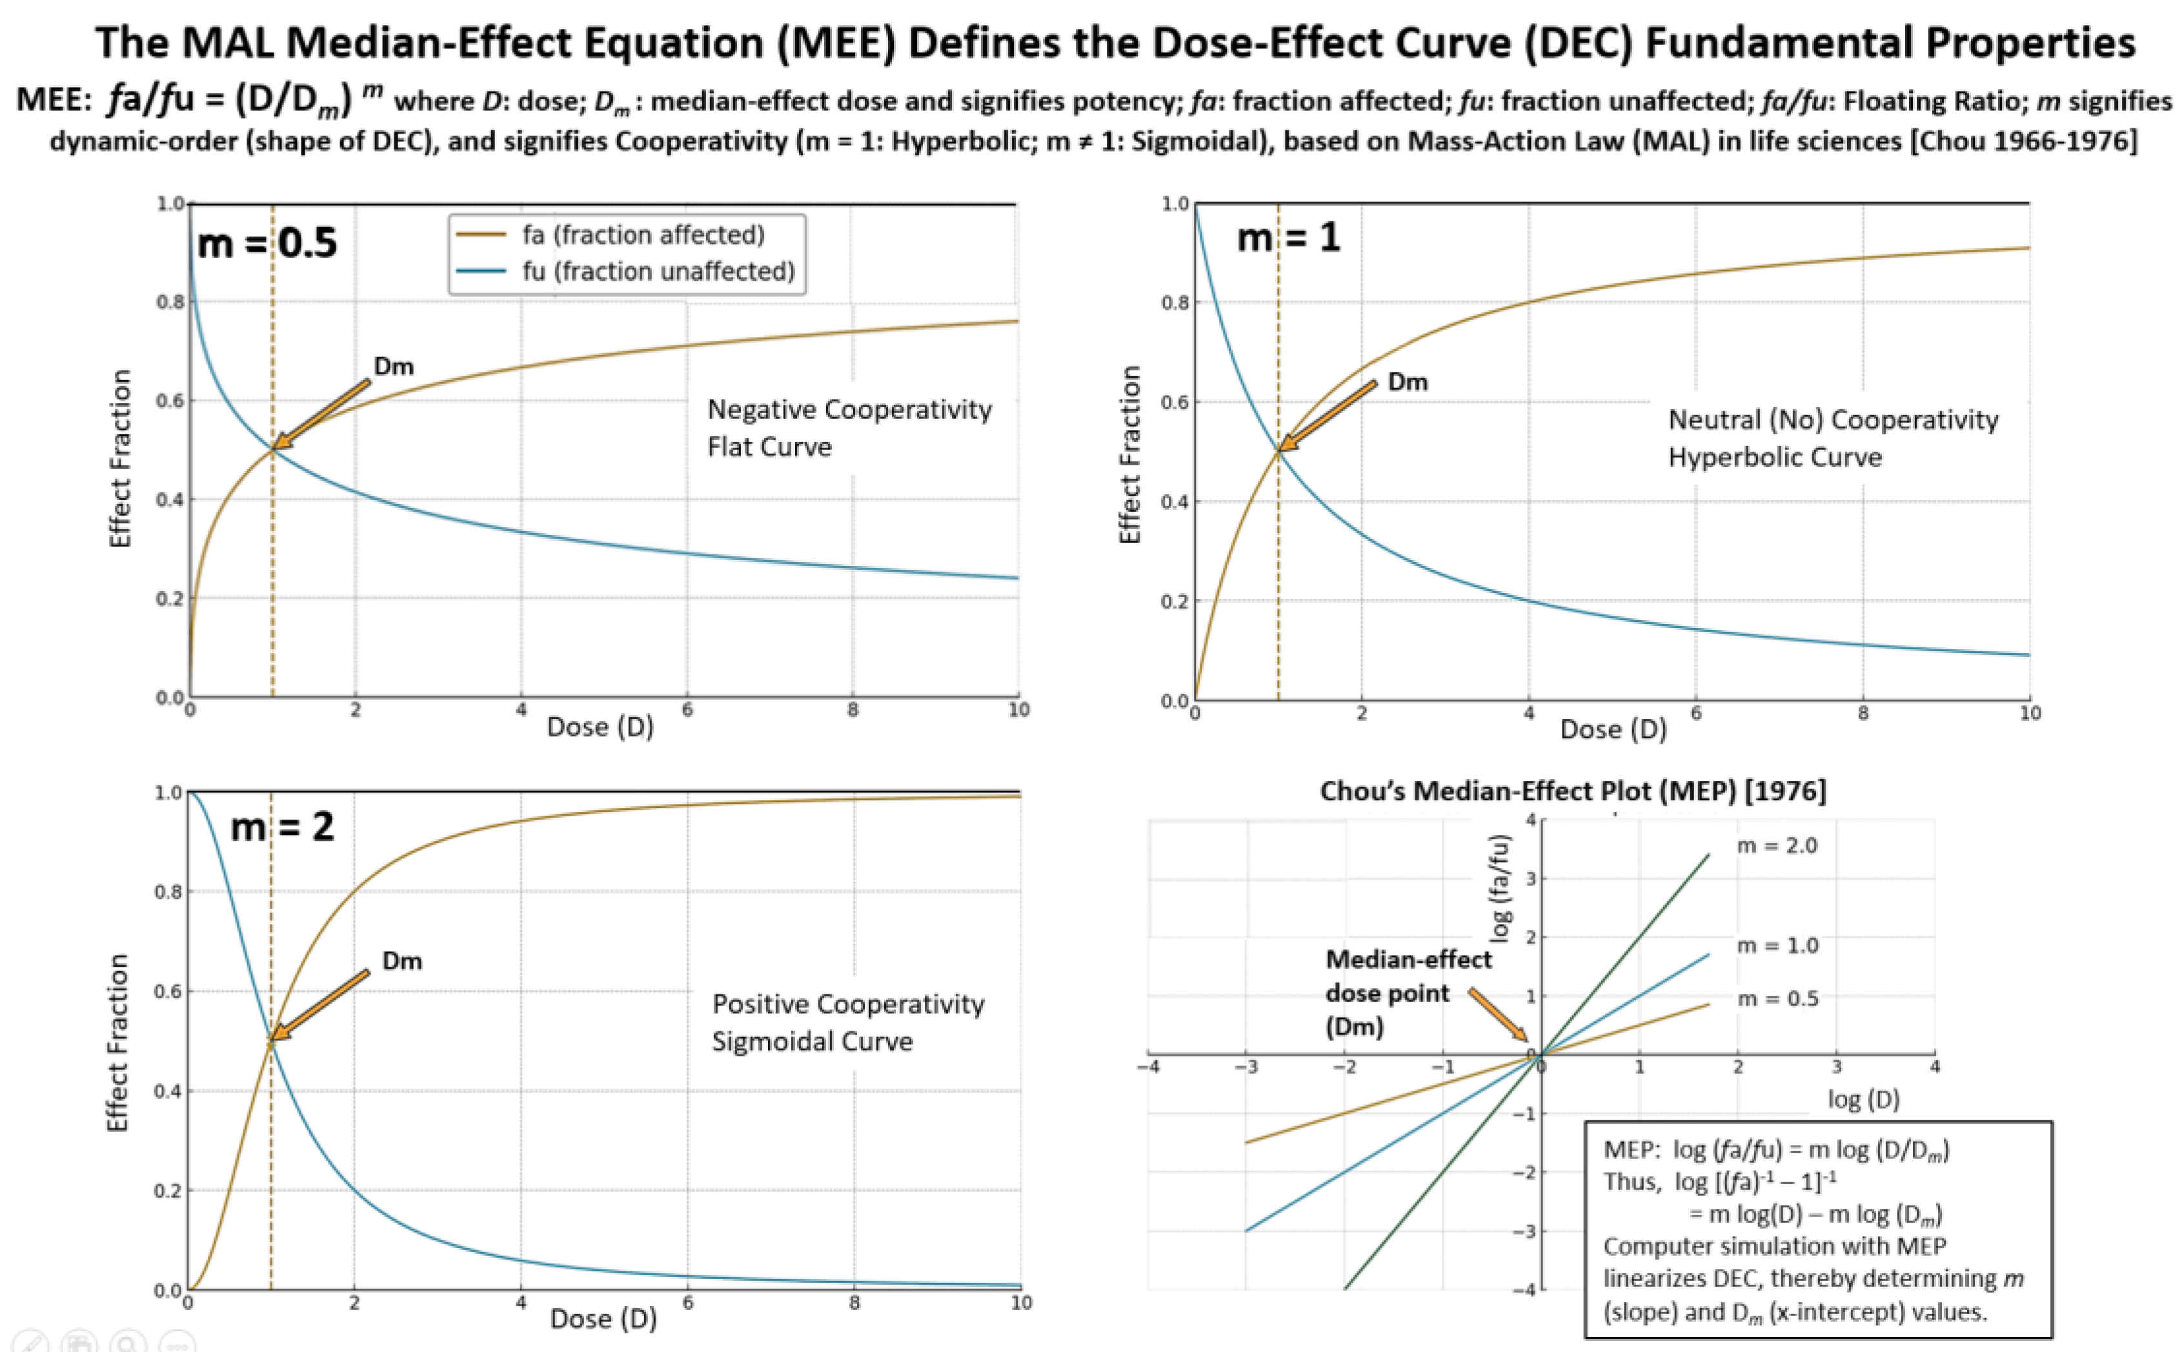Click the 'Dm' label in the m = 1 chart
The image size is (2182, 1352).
click(1407, 382)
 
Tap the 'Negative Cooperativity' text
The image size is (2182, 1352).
click(849, 410)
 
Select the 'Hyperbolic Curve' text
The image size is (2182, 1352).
click(1775, 457)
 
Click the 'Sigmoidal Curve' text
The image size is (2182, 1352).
click(812, 1041)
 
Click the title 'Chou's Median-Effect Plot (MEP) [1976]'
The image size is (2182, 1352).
click(1573, 791)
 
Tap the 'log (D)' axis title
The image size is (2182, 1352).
click(1863, 1099)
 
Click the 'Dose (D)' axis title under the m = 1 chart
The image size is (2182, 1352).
click(1613, 730)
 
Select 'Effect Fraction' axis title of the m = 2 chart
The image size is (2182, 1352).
click(118, 1043)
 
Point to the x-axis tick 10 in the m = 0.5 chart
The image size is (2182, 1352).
click(1018, 710)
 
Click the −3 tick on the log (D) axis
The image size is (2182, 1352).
click(1246, 1067)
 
